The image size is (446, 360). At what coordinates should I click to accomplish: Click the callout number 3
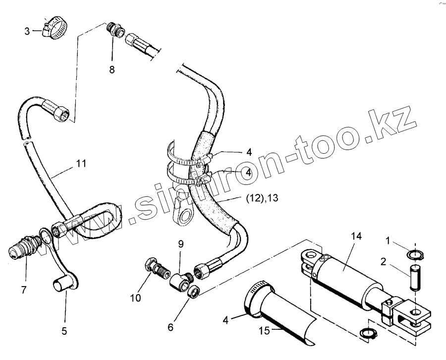pos(27,31)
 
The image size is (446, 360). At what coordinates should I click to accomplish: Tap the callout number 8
pos(112,70)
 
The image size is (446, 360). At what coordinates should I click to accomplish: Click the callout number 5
pos(65,331)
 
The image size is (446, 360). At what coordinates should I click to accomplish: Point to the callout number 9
pos(181,243)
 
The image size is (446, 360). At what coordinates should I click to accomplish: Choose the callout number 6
pos(170,328)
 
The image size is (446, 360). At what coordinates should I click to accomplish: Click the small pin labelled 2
pos(415,277)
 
